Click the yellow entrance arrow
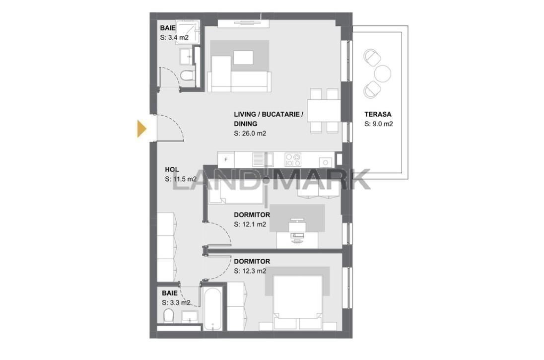(x=141, y=129)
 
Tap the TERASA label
(x=378, y=114)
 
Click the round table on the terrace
(x=383, y=73)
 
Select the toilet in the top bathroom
(x=187, y=75)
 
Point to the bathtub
(x=212, y=309)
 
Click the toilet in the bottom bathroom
(x=169, y=316)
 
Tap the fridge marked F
(x=226, y=160)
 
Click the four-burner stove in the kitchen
(x=293, y=160)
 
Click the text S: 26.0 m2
(x=250, y=133)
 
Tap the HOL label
(x=172, y=169)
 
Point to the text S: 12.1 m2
(x=250, y=224)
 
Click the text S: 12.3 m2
(x=250, y=271)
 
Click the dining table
(x=324, y=110)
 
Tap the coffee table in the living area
(x=243, y=58)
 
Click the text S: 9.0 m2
(x=379, y=124)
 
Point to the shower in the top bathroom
(x=188, y=32)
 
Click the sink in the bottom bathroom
(x=190, y=316)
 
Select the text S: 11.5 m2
(x=181, y=179)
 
